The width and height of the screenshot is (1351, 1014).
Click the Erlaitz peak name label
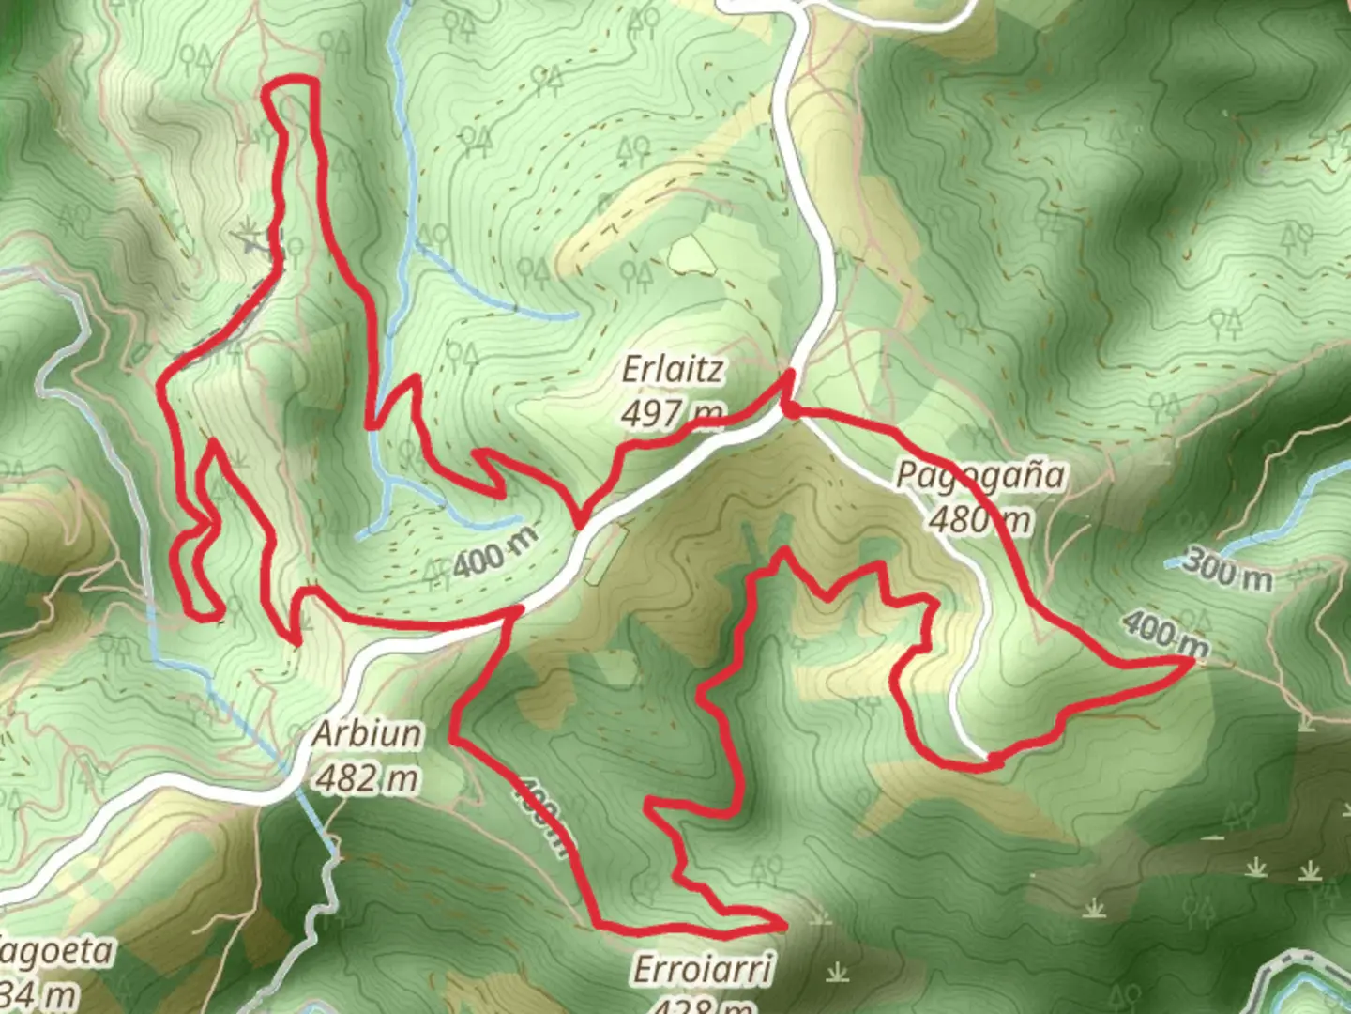[x=673, y=370]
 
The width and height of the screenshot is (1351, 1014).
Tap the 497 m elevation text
[x=673, y=411]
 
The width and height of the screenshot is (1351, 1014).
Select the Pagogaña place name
[x=980, y=475]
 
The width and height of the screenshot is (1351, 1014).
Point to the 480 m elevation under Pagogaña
[x=980, y=518]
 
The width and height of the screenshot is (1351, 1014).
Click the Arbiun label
[x=367, y=733]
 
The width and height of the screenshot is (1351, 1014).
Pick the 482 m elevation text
[x=367, y=777]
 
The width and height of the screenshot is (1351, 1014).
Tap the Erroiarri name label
[x=703, y=968]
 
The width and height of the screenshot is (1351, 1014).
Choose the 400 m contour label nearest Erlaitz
[x=496, y=552]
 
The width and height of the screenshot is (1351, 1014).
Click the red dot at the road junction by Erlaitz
[x=792, y=409]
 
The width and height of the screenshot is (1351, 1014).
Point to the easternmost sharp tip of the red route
[x=1192, y=661]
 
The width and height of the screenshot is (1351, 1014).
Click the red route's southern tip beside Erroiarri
[x=782, y=925]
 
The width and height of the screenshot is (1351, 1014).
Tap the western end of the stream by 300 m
[x=1170, y=563]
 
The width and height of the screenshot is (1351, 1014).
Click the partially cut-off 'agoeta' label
[x=56, y=952]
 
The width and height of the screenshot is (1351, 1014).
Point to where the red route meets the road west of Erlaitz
[x=582, y=523]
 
